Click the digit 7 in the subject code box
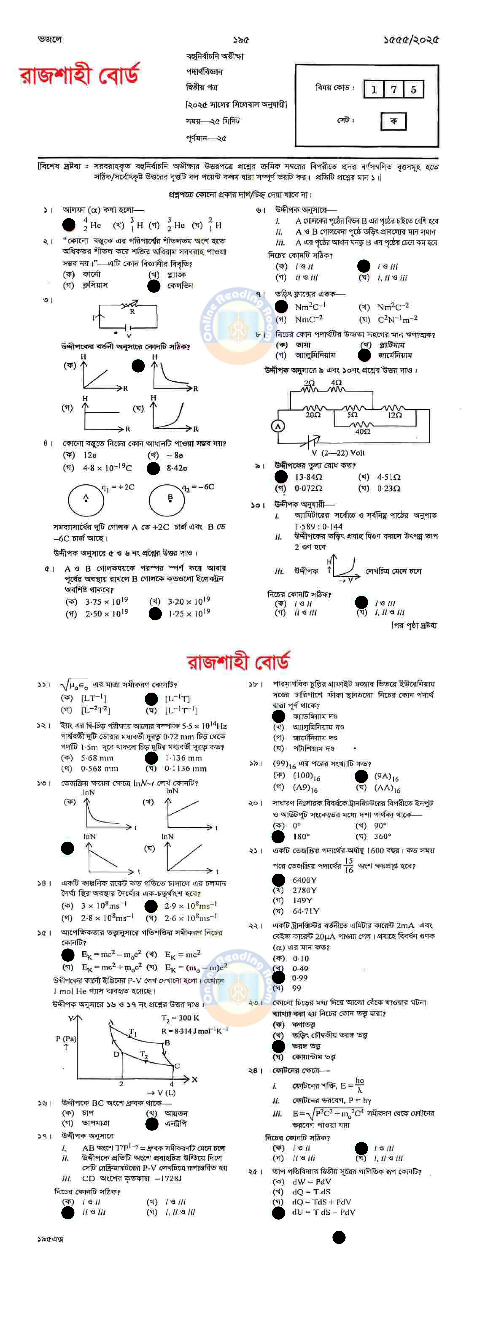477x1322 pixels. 393,89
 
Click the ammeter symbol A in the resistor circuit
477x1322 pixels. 278,426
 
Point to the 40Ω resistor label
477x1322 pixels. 363,432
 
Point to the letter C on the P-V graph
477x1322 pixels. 177,1065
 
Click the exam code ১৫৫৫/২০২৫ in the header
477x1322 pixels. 411,39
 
